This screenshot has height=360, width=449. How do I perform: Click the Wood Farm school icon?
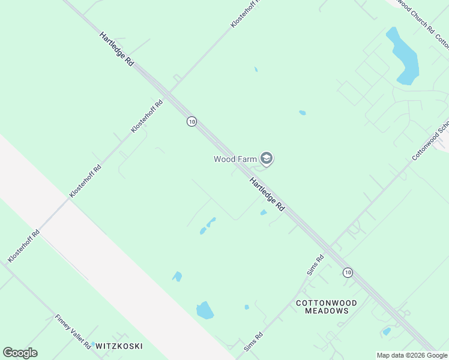[x=267, y=159]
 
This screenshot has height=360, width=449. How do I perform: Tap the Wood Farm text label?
[x=235, y=159]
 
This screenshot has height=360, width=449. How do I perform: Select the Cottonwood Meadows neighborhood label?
[x=327, y=307]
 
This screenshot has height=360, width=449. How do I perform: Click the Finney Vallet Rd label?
[x=73, y=332]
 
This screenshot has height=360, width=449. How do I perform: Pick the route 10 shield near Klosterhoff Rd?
[x=191, y=121]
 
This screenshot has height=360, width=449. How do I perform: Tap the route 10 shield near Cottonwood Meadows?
[x=348, y=272]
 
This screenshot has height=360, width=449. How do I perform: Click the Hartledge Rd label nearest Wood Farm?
[x=267, y=194]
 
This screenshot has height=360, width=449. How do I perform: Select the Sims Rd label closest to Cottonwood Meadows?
[x=315, y=265]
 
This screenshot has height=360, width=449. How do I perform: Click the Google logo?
[x=20, y=353]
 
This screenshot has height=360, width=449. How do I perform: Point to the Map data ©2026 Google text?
[x=412, y=355]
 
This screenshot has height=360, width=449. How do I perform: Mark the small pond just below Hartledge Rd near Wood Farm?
[x=263, y=212]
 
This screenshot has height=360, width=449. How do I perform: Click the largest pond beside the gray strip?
[x=205, y=310]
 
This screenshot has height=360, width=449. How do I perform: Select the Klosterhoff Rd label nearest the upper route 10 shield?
[x=147, y=116]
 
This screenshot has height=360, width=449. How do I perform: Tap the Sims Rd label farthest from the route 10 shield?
[x=253, y=342]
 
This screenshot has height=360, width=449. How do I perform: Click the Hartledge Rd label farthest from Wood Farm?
[x=117, y=49]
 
